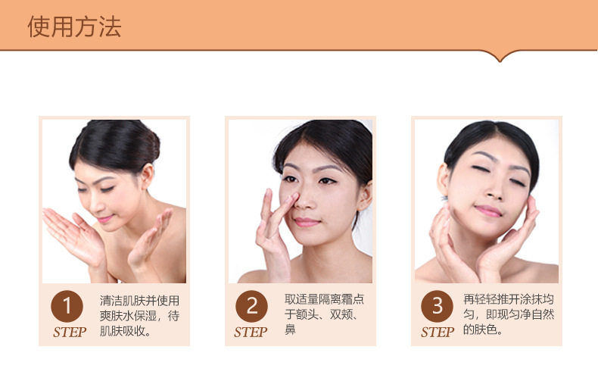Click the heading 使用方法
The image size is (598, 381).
click(74, 27)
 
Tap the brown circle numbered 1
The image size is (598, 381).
click(67, 306)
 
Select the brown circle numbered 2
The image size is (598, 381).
click(252, 306)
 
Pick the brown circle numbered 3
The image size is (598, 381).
click(437, 306)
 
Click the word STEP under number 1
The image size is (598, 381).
click(70, 332)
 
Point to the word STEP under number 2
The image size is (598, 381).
click(251, 332)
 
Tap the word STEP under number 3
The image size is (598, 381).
click(438, 332)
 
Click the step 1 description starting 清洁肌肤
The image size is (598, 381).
click(139, 316)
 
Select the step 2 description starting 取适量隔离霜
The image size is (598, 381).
click(324, 314)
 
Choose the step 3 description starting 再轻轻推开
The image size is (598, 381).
click(509, 314)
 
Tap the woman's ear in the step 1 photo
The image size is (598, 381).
click(146, 176)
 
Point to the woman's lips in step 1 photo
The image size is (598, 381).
click(104, 219)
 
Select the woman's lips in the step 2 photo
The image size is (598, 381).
click(306, 222)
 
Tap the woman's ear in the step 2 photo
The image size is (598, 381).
click(366, 196)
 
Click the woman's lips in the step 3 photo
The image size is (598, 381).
click(488, 211)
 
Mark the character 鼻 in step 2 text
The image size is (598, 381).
click(290, 329)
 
